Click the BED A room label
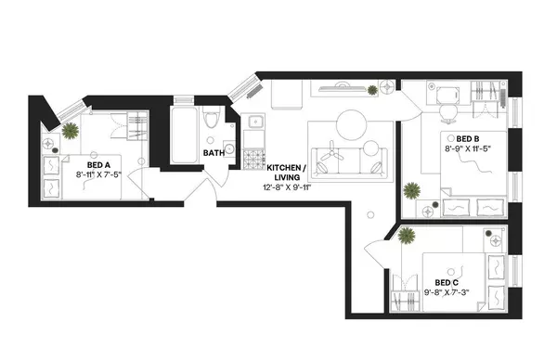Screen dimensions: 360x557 [97, 161]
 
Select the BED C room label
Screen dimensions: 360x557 [447, 282]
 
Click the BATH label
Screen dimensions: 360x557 [214, 153]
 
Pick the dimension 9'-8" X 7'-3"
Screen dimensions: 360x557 [447, 292]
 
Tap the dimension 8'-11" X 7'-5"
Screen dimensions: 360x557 [97, 172]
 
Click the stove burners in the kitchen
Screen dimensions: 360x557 [253, 161]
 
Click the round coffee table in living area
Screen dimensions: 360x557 [354, 123]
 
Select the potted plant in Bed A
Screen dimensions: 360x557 [70, 129]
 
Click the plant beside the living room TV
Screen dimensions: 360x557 [372, 89]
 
